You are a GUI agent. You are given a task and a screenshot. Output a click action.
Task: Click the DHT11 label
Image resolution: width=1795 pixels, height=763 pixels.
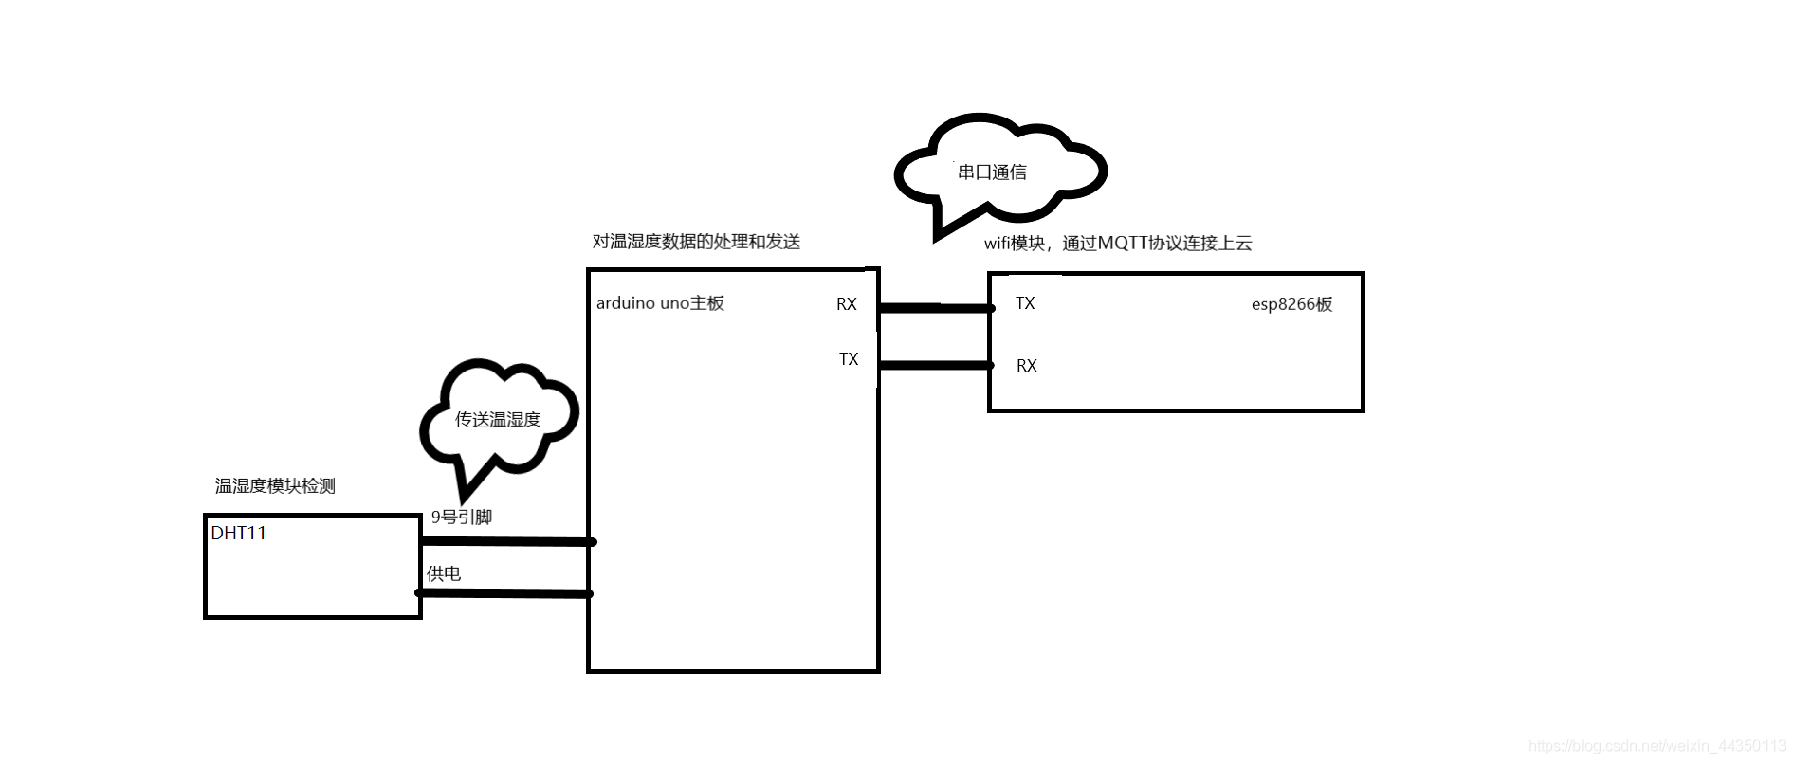click(x=238, y=534)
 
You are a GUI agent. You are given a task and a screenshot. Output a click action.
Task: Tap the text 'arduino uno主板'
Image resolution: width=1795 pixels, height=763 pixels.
click(x=660, y=303)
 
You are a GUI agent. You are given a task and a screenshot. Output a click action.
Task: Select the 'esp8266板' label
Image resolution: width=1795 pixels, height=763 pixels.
click(x=1291, y=304)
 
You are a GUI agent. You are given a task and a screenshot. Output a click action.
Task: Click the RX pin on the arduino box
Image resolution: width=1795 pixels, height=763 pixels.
click(x=846, y=304)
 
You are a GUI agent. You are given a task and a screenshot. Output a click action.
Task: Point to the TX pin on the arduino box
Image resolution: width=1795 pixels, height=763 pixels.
click(x=849, y=359)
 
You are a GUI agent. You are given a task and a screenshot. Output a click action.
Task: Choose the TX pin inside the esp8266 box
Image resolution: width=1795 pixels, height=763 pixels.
click(x=1025, y=303)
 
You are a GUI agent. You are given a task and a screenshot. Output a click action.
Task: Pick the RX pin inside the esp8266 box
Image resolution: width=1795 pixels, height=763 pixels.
click(x=1026, y=366)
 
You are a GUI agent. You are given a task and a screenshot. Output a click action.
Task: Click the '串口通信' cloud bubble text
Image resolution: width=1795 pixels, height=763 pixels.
click(x=992, y=173)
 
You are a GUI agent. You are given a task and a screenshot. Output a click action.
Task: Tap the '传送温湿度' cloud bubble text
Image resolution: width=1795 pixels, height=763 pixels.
click(x=498, y=420)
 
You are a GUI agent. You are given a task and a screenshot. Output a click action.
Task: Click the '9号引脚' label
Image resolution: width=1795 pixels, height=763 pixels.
click(x=462, y=518)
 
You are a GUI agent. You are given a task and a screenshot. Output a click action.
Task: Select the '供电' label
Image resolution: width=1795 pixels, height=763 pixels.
click(x=444, y=573)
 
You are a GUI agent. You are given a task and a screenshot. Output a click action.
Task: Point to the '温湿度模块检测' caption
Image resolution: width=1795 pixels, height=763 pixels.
click(x=275, y=486)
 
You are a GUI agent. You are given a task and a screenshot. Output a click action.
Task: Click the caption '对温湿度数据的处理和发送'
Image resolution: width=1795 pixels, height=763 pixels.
click(x=696, y=242)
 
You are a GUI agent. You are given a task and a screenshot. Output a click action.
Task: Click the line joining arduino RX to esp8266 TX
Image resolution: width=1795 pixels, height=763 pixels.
click(x=935, y=308)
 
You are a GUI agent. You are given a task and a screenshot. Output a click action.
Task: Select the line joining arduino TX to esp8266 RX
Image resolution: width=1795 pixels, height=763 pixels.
click(x=935, y=365)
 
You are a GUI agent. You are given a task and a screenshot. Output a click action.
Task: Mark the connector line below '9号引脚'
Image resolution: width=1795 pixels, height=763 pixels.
click(x=507, y=542)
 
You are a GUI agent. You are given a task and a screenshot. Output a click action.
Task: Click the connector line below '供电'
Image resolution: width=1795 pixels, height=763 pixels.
click(x=504, y=593)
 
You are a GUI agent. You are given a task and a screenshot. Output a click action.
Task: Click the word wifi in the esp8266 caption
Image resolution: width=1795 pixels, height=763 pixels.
click(x=998, y=244)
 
